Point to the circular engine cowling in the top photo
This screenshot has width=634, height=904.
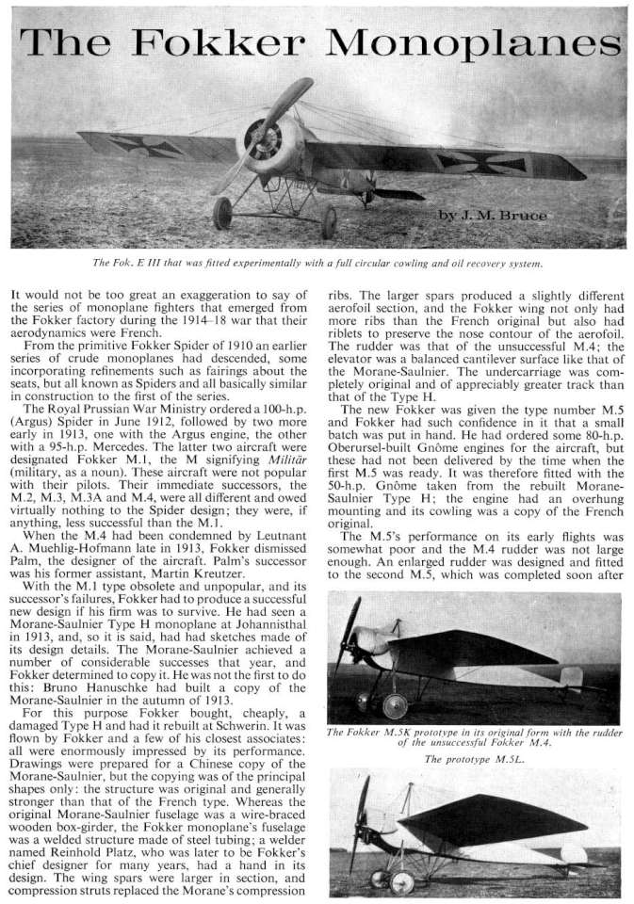coord(263,138)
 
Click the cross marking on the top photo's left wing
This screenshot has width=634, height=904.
coord(133,144)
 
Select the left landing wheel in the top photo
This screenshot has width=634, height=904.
coord(222,213)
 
